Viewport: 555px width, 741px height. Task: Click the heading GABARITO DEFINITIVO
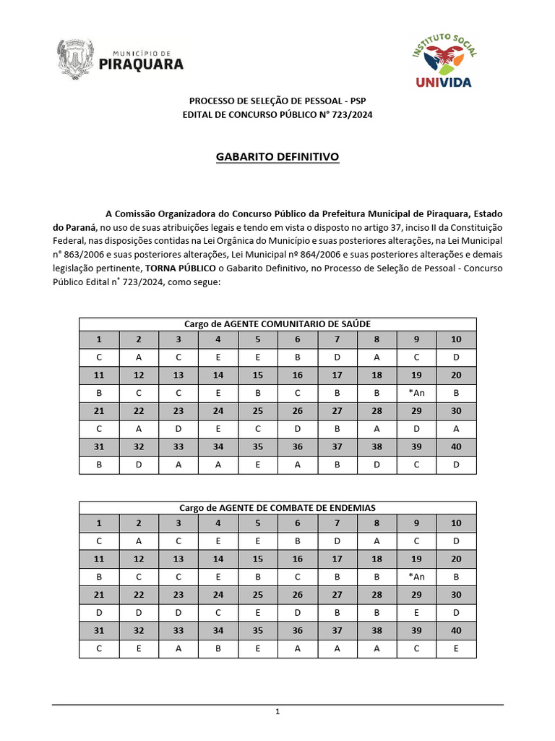[x=277, y=156]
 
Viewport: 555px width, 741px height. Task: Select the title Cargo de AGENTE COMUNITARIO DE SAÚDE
[x=277, y=324]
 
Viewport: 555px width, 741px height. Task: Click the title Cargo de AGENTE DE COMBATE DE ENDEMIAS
[x=277, y=508]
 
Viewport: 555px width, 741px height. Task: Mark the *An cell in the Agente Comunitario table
[x=416, y=393]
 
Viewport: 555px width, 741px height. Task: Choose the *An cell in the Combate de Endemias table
[x=416, y=577]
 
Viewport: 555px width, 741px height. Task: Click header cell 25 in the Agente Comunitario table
[x=258, y=411]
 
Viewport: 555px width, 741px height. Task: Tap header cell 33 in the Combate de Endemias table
[x=178, y=630]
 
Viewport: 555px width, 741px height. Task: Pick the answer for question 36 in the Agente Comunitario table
[x=298, y=465]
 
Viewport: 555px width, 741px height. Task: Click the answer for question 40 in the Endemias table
[x=456, y=648]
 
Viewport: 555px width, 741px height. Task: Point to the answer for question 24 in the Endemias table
[x=218, y=612]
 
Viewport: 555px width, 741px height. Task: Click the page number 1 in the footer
[x=277, y=712]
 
